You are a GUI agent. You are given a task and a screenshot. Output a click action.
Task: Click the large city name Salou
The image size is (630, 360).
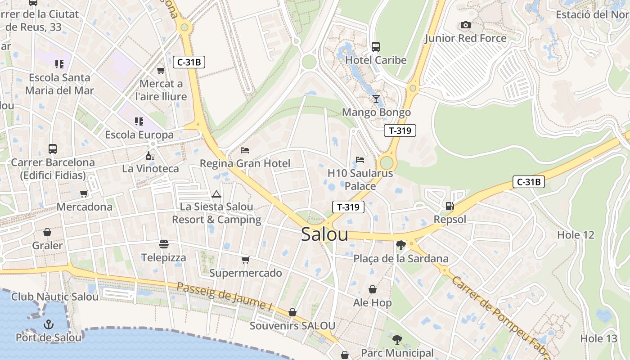(x=324, y=234)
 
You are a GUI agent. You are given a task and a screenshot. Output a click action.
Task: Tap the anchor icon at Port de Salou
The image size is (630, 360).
(x=48, y=324)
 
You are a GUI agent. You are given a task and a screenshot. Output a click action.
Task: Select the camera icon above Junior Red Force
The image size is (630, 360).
(x=466, y=25)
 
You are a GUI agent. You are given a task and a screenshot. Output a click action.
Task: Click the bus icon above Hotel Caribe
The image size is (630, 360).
(x=376, y=46)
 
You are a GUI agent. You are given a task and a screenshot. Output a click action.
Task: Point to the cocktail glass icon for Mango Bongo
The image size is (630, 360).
(x=376, y=99)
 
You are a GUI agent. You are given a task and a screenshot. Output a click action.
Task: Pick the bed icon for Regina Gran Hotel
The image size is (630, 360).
(x=245, y=150)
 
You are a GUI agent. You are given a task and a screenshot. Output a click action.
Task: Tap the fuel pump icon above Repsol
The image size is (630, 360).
(x=449, y=206)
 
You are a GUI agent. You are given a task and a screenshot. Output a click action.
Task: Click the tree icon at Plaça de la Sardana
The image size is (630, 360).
(x=400, y=245)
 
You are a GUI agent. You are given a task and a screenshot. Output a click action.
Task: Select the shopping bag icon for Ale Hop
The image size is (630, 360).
(x=373, y=289)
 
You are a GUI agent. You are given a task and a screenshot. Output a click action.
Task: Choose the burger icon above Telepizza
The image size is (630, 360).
(x=164, y=244)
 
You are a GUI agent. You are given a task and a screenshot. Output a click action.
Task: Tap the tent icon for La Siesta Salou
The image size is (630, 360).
(x=216, y=194)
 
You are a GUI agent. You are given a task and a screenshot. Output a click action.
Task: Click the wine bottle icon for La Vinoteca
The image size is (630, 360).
(x=150, y=156)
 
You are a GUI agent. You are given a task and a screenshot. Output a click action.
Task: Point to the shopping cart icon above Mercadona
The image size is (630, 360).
(x=84, y=194)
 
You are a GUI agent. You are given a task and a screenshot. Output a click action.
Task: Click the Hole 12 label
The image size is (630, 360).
(x=576, y=235)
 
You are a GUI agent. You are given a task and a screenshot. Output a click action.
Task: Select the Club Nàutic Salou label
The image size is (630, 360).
(x=55, y=297)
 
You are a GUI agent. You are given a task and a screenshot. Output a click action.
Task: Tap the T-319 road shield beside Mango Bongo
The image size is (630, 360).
(x=400, y=131)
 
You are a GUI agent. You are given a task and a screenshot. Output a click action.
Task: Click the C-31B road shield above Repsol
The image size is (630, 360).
(x=528, y=182)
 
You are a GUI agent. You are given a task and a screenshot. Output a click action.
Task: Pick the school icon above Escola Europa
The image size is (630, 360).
(x=139, y=121)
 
